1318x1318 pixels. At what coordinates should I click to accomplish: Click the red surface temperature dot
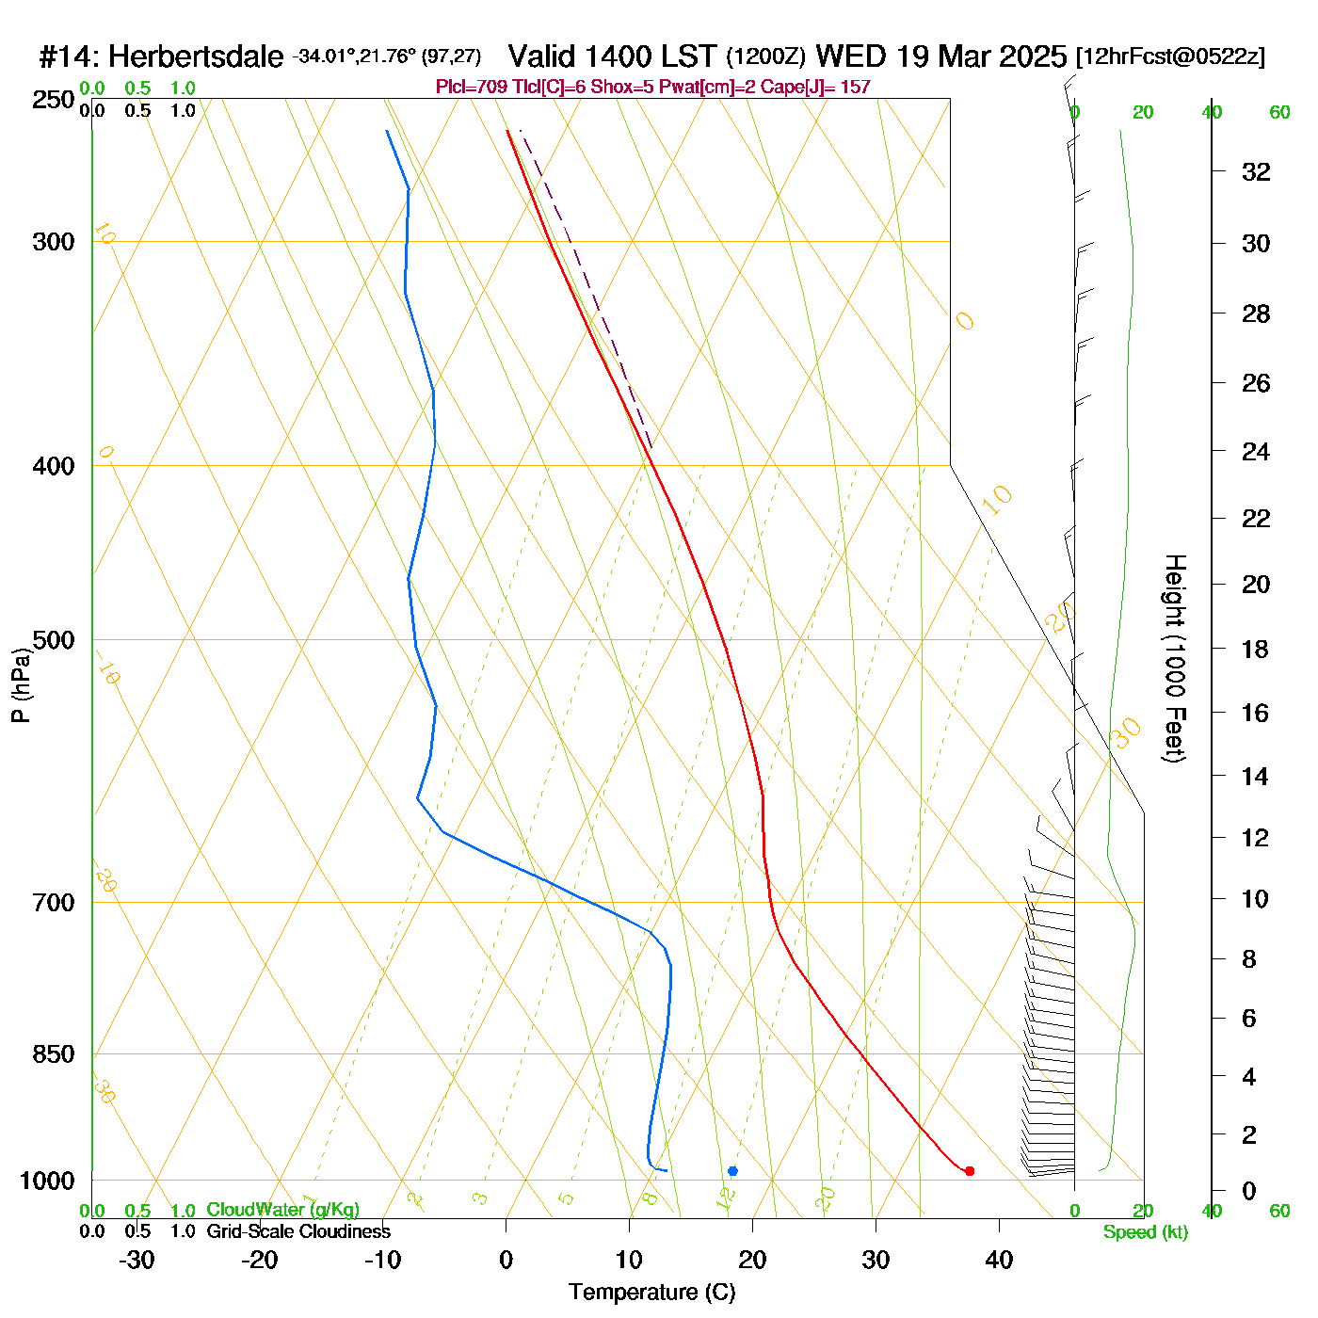click(969, 1171)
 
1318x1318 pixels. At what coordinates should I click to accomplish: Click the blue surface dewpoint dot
click(732, 1171)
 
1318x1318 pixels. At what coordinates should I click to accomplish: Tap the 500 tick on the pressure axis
click(54, 640)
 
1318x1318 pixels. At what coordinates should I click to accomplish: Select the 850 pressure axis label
click(54, 1054)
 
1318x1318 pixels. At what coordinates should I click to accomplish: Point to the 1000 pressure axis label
click(47, 1181)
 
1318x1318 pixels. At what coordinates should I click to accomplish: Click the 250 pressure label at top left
click(54, 99)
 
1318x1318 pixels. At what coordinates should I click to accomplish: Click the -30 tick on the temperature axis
click(137, 1260)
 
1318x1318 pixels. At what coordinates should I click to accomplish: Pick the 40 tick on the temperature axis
click(999, 1260)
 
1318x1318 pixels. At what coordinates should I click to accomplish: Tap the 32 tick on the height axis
click(1256, 171)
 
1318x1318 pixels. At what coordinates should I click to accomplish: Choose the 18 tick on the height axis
click(1256, 649)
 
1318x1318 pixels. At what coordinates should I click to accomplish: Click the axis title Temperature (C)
click(651, 1293)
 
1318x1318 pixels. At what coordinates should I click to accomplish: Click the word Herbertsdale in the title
click(196, 57)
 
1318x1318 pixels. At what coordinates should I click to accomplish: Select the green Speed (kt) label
click(1145, 1232)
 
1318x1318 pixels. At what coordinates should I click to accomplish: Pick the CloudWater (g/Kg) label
click(282, 1210)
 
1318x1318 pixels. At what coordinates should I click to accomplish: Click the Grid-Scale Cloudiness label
click(298, 1231)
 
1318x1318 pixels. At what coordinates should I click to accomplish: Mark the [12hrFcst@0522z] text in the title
click(1170, 56)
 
